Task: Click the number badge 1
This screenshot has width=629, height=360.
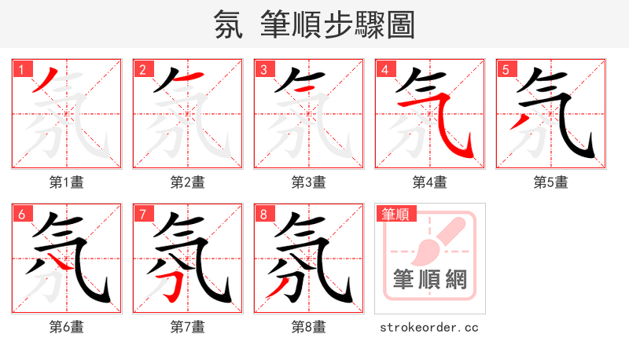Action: [20, 69]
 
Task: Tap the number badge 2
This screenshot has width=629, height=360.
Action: [142, 69]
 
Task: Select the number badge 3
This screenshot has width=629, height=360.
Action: [263, 69]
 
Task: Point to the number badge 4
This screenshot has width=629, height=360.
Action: [384, 69]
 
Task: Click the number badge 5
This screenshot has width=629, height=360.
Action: [505, 69]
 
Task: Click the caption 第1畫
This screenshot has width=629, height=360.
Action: [67, 182]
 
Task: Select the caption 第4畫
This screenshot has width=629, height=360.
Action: [430, 182]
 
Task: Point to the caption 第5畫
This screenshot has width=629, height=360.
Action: [551, 182]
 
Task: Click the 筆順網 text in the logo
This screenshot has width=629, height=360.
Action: [429, 280]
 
